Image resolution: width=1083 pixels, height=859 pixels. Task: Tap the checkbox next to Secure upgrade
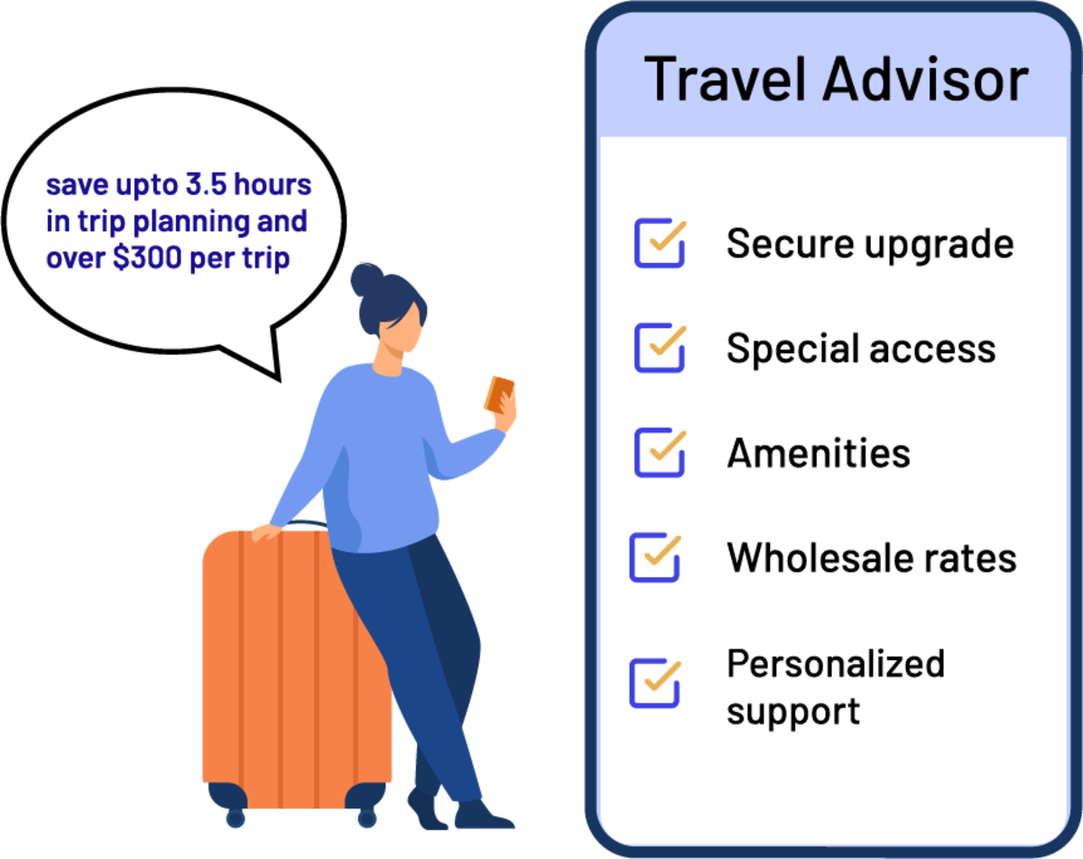pyautogui.click(x=659, y=243)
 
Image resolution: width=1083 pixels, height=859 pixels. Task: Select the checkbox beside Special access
pyautogui.click(x=659, y=349)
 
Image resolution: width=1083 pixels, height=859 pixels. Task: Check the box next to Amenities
pyautogui.click(x=659, y=453)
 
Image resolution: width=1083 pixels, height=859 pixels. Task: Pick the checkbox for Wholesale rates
pyautogui.click(x=654, y=557)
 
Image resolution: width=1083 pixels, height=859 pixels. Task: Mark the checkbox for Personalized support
pyautogui.click(x=654, y=684)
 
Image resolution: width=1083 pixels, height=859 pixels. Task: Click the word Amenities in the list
pyautogui.click(x=819, y=453)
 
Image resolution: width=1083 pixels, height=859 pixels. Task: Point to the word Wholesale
pyautogui.click(x=805, y=557)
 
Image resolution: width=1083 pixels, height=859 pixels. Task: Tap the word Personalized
pyautogui.click(x=836, y=664)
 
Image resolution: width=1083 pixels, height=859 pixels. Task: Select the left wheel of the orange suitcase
pyautogui.click(x=235, y=817)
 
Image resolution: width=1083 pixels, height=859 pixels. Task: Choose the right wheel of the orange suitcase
pyautogui.click(x=366, y=817)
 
